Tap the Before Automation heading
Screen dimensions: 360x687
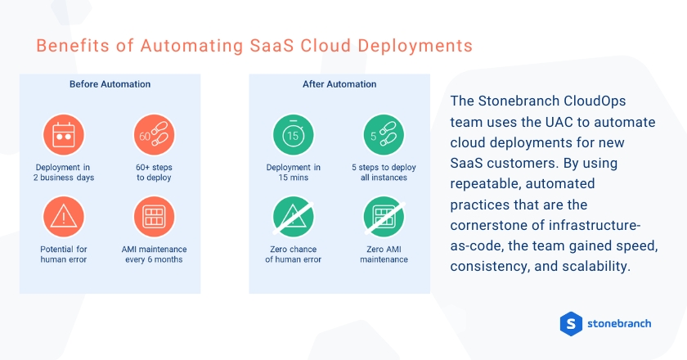pos(110,84)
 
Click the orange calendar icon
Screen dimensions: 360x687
pos(64,136)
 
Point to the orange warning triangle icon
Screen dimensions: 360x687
pos(64,217)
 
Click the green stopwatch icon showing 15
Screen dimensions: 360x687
pos(293,136)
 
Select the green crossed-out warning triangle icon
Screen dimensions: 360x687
pos(293,217)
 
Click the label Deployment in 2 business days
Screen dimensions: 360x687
pos(64,173)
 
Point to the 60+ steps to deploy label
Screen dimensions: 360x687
pos(155,173)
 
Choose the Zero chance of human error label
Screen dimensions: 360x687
pos(293,254)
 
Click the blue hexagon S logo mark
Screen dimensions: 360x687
pos(570,323)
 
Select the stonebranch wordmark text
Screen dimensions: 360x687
pos(619,323)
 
